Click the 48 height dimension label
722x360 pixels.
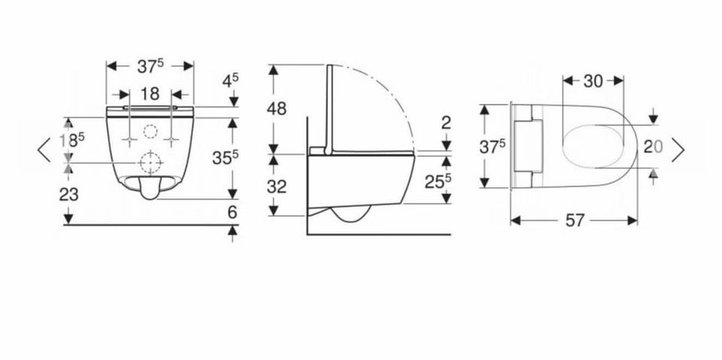pos(277,109)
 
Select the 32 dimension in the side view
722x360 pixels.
pos(277,186)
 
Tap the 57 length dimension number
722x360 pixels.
pos(575,221)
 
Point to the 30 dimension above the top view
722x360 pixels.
pos(593,81)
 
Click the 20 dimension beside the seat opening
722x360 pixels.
pos(654,147)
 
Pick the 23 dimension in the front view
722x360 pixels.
pos(68,195)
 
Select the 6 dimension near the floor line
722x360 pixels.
pos(232,212)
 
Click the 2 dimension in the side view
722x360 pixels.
pos(446,123)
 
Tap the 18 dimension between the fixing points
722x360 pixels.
pos(150,94)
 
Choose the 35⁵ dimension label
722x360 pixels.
pos(225,157)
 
